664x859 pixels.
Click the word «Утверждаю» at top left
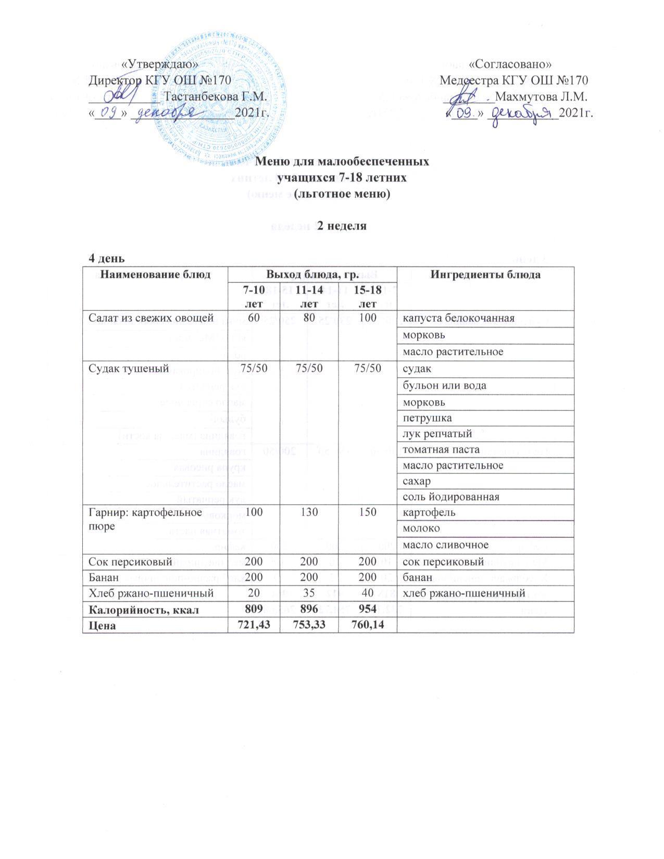159,64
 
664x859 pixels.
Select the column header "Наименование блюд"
155,274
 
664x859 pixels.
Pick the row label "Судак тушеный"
128,369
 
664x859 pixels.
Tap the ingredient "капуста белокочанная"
457,318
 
